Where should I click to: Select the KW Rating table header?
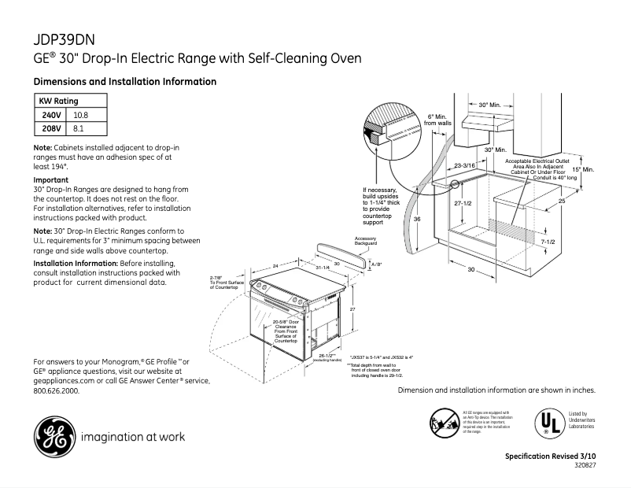click(x=59, y=102)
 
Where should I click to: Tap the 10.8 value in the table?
click(x=81, y=115)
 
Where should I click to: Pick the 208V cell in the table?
click(x=51, y=128)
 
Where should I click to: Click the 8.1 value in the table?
click(x=78, y=128)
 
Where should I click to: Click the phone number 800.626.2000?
click(x=57, y=390)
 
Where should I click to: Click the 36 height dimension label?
click(x=418, y=220)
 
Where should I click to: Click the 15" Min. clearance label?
click(x=582, y=169)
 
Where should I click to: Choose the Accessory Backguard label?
click(x=366, y=241)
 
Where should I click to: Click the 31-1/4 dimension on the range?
click(x=323, y=268)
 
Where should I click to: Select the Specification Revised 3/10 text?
click(x=550, y=457)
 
